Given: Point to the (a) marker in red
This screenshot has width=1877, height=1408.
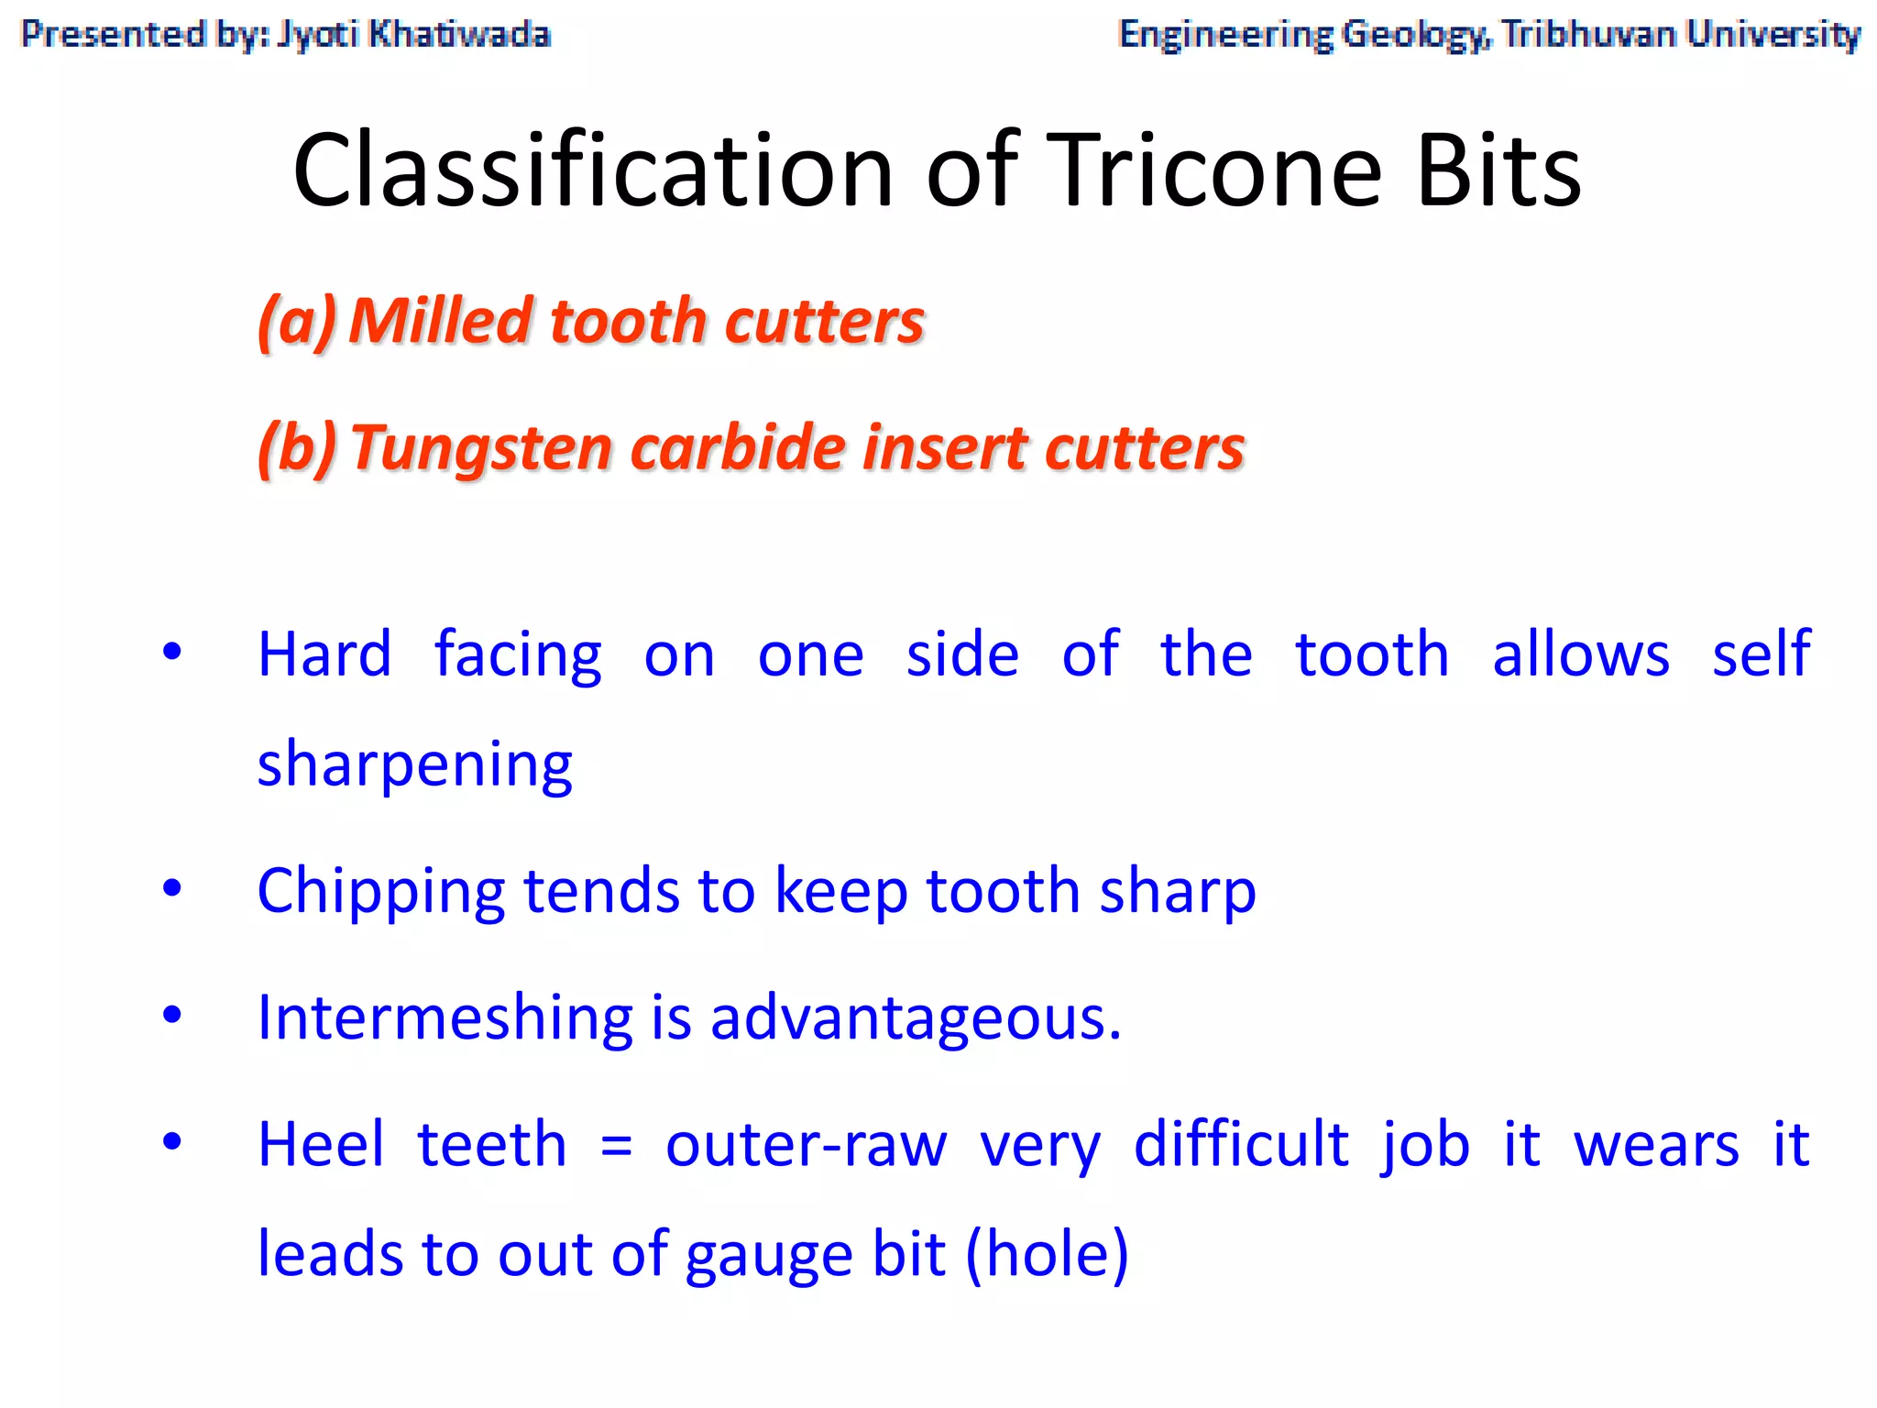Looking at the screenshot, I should [296, 323].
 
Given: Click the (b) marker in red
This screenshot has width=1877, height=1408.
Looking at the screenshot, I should [296, 449].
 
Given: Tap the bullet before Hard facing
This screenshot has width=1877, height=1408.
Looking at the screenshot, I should [171, 653].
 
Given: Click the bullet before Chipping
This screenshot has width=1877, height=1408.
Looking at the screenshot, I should [171, 887].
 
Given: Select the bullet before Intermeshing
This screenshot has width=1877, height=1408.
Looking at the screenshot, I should [171, 1015].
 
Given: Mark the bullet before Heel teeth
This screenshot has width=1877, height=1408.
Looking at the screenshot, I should [171, 1142].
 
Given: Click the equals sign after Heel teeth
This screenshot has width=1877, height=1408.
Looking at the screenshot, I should [616, 1146].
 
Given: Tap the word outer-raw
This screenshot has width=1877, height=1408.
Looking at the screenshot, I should [806, 1146].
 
